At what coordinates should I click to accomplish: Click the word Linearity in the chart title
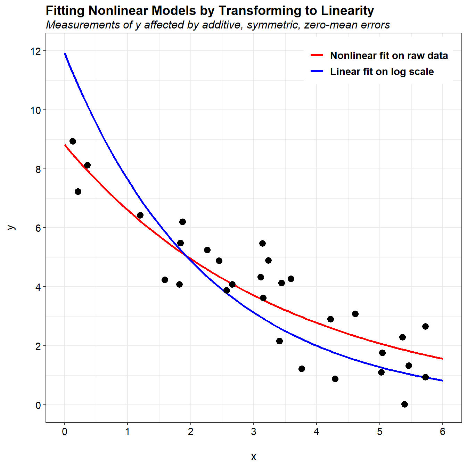(347, 11)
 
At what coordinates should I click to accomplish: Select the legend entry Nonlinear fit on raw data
(389, 56)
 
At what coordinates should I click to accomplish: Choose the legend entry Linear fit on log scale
(382, 72)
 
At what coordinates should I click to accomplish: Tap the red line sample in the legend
(317, 55)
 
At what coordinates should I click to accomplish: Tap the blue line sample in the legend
(317, 71)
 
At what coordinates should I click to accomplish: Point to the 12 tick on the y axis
(35, 51)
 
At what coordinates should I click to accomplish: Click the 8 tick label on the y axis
(38, 169)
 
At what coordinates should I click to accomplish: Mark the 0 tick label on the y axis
(38, 405)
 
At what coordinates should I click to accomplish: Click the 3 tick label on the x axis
(254, 432)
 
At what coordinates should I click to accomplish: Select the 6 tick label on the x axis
(442, 432)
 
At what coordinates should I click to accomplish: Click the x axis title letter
(254, 456)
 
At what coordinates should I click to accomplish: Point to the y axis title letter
(11, 228)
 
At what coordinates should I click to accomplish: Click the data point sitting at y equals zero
(404, 404)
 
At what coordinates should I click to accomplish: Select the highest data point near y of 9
(73, 141)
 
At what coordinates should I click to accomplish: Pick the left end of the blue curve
(65, 54)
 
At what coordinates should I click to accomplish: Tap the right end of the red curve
(442, 359)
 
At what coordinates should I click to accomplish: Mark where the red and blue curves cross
(187, 256)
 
